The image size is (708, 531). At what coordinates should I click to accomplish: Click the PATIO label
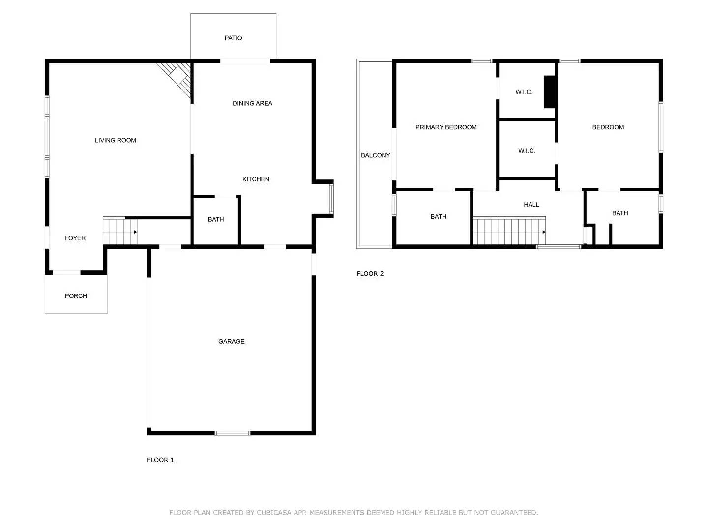click(x=233, y=38)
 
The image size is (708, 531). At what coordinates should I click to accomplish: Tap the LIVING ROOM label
click(x=115, y=140)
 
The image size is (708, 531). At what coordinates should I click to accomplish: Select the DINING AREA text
click(x=252, y=103)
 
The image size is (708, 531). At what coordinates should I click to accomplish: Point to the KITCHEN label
click(x=256, y=179)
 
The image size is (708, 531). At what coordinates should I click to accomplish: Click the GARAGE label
click(x=231, y=341)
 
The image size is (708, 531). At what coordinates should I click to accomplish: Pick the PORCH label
click(x=76, y=296)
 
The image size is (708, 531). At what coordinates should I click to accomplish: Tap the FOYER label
click(x=75, y=238)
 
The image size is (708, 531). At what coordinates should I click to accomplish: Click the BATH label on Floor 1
click(x=215, y=219)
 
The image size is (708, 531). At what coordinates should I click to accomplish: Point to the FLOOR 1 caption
click(x=160, y=460)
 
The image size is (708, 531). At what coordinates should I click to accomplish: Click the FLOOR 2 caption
click(x=370, y=274)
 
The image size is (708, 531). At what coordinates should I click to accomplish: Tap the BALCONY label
click(x=375, y=155)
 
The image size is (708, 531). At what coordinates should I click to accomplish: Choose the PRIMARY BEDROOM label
click(x=446, y=127)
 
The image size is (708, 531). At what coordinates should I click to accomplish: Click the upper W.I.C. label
click(x=524, y=92)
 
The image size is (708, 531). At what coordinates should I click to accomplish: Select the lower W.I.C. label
click(x=526, y=151)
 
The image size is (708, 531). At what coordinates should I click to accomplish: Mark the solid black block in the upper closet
click(x=549, y=92)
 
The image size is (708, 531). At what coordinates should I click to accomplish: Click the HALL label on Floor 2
click(x=531, y=205)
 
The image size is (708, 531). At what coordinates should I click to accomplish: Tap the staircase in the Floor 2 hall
click(x=509, y=232)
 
